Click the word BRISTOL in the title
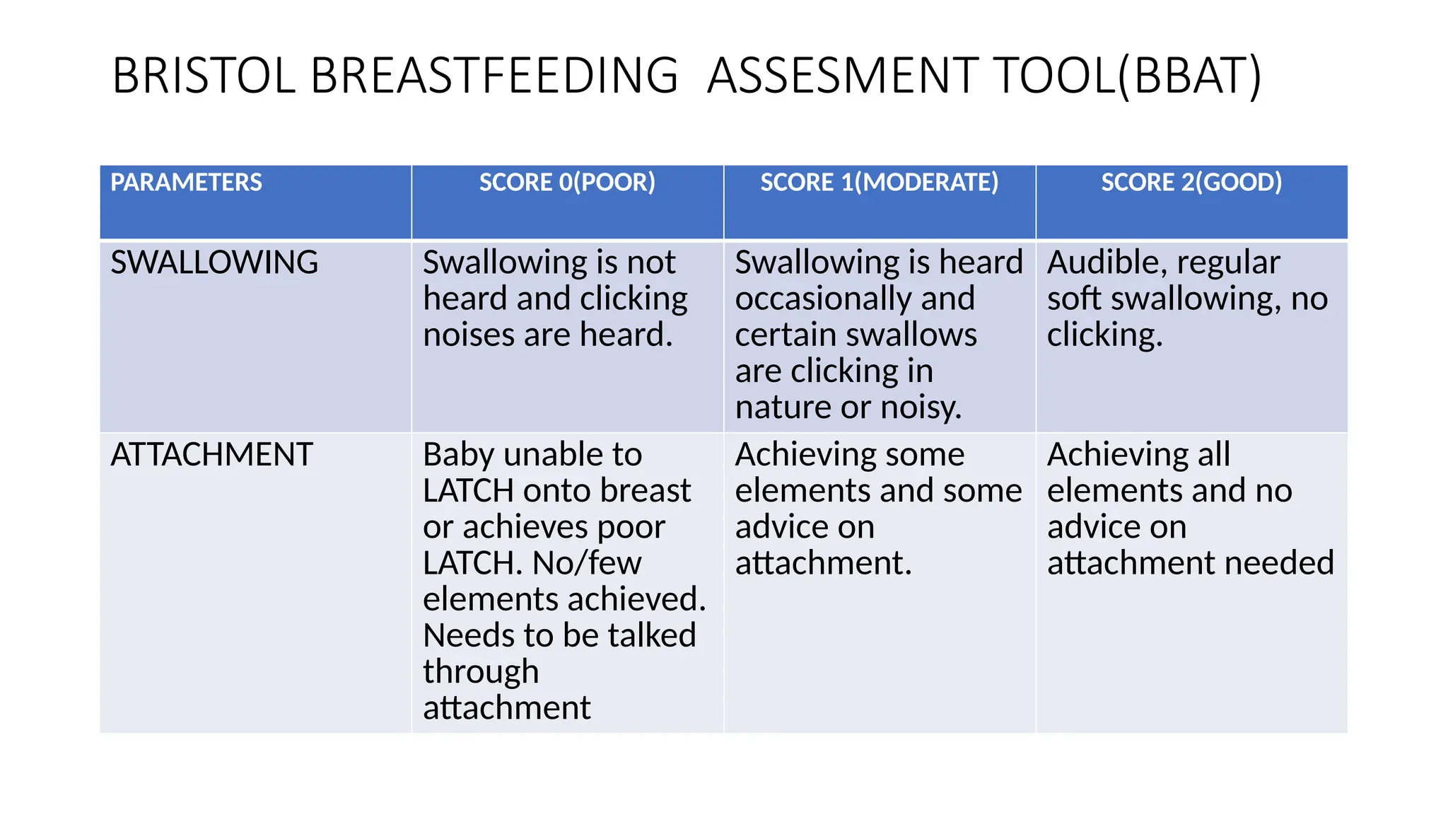point(204,75)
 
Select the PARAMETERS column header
point(186,183)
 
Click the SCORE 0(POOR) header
point(567,183)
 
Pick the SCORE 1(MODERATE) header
point(879,183)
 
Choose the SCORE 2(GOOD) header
point(1191,183)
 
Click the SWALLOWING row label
point(214,262)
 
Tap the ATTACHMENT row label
point(211,454)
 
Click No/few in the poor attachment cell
point(587,563)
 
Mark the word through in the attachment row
point(481,672)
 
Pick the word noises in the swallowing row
point(468,335)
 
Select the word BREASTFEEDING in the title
point(494,75)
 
